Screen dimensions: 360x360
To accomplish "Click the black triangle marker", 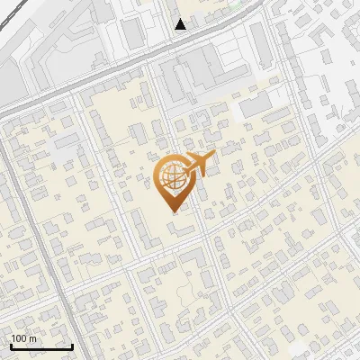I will (x=181, y=24).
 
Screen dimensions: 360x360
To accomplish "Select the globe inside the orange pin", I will (x=172, y=176).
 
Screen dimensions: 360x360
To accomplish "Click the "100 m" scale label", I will (x=23, y=338).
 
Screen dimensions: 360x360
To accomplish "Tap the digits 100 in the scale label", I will (x=19, y=338).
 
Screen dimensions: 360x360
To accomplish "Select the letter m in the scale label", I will (x=32, y=339).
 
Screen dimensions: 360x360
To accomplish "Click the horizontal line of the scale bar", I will (x=41, y=347).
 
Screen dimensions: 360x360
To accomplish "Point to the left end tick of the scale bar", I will (x=11, y=345).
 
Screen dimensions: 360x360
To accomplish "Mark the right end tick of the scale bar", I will (x=72, y=345).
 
